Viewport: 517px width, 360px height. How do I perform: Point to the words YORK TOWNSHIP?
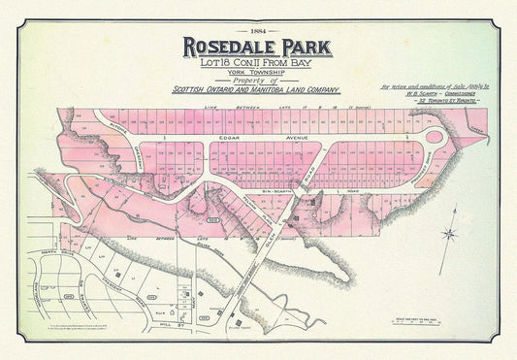tap(258, 76)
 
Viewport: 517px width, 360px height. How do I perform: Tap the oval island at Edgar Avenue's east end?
tap(434, 139)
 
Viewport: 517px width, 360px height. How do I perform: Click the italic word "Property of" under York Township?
tap(258, 84)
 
